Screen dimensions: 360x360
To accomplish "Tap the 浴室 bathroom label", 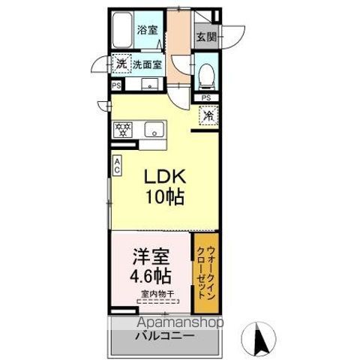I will (x=147, y=31).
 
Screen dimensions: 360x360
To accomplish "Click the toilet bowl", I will (x=207, y=73).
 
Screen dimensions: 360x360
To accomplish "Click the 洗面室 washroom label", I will (x=148, y=64).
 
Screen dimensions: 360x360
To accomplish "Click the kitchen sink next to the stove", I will (x=154, y=129).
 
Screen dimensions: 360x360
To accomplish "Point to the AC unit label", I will (x=118, y=166).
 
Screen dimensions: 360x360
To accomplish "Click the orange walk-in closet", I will (x=206, y=274).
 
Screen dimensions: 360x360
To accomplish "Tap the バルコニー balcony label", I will (x=165, y=335).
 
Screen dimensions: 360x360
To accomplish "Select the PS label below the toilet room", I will (x=206, y=97).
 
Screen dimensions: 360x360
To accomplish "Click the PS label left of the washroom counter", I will (x=115, y=85).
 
